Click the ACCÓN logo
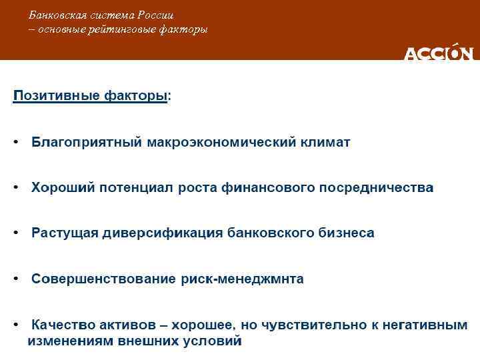[439, 53]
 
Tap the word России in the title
[157, 15]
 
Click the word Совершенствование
[103, 279]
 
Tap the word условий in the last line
[215, 341]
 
